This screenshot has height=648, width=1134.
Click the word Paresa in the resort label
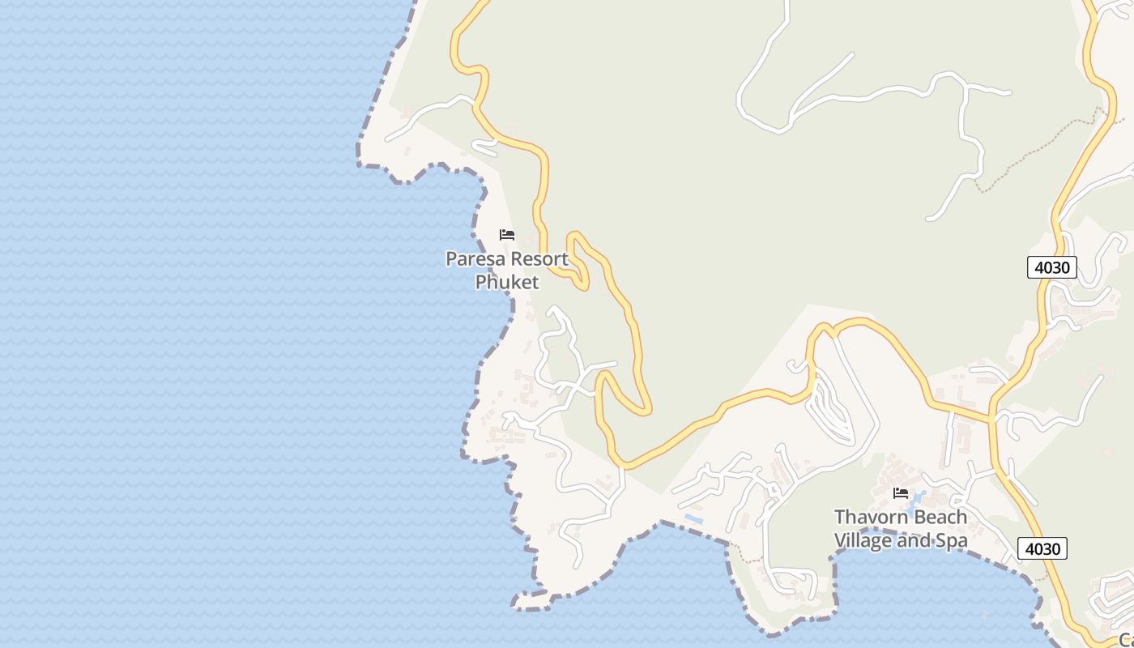pos(475,260)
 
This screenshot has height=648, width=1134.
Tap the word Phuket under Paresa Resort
pos(506,282)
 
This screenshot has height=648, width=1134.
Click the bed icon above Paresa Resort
pos(507,235)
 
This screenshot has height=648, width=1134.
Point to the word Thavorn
pos(866,517)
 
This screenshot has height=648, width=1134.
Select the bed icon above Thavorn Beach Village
pos(900,492)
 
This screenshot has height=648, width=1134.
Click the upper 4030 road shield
pos(1051,267)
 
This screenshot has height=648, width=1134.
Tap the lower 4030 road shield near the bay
pos(1042,548)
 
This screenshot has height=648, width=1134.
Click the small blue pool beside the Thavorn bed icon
pos(919,496)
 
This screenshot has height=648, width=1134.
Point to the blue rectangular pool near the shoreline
pos(693,516)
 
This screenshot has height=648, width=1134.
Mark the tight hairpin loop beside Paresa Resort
pos(577,259)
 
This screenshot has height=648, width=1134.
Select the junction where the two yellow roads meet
pos(991,419)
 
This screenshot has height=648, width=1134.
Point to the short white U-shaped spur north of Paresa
pos(485,147)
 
